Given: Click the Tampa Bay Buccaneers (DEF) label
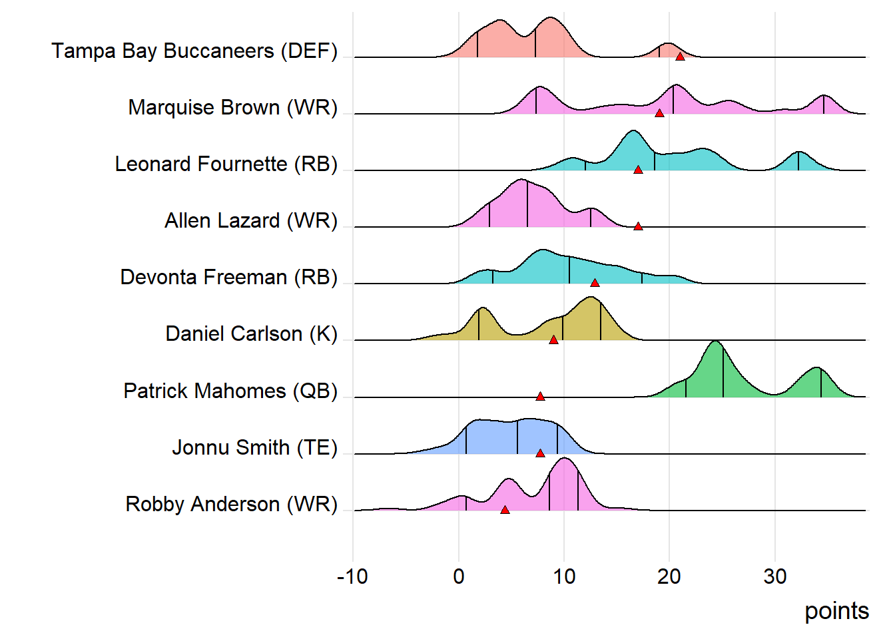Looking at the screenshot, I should pos(194,51).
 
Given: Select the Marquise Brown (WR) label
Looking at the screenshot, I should pos(232,108).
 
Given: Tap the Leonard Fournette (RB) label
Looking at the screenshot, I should pos(226,164).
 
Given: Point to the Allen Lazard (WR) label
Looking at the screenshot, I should pos(251,221).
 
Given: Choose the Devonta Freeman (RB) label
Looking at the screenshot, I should pos(228,278).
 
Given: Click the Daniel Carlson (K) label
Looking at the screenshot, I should pos(251,334).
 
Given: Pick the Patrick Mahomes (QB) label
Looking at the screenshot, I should pos(230,391).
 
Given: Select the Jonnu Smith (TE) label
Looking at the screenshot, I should pos(254,448).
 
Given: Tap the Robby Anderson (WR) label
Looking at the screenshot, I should pos(231,505).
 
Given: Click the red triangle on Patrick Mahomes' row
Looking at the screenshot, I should pos(540,397).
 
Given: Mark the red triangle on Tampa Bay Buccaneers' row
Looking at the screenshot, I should pos(680,57).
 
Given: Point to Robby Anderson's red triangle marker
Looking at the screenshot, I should pos(505,510).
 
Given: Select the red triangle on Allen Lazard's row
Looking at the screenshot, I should pos(638,227).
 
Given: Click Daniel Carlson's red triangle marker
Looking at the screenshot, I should pos(553,340).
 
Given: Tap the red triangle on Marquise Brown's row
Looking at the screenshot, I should pos(659,113).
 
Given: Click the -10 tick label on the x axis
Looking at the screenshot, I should pos(352,576).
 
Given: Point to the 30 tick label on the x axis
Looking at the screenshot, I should pos(775,576).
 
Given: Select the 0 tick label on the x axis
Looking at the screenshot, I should pos(459,576).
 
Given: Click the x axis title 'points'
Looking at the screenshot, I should pos(836,611).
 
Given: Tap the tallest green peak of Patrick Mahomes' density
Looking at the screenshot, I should pos(715,343).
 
